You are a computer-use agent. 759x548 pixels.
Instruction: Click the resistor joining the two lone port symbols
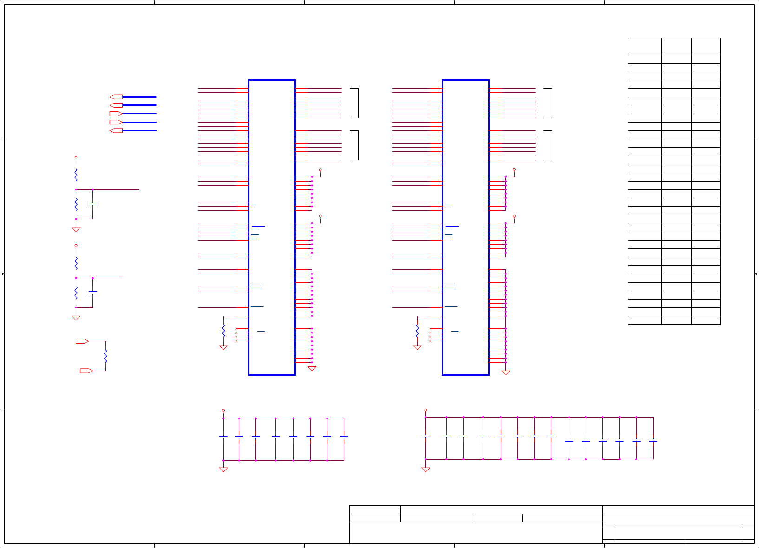(105, 356)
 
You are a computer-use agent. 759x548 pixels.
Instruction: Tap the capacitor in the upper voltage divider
(92, 204)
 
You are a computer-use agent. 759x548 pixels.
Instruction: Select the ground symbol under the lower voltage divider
(76, 318)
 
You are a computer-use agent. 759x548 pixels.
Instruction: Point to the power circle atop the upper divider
(76, 157)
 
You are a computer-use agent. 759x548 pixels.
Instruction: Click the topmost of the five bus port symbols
(116, 97)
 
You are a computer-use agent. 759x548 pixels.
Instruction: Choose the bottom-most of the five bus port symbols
(116, 130)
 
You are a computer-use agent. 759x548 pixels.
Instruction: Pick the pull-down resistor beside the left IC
(223, 331)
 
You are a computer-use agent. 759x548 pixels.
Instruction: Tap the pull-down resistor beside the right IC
(417, 331)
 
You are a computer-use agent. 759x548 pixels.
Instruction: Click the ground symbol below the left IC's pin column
(312, 369)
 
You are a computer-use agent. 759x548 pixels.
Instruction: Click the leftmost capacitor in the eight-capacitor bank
(223, 437)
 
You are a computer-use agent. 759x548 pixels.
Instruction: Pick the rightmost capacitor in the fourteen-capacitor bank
(653, 440)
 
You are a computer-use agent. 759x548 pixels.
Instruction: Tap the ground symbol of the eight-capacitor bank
(223, 470)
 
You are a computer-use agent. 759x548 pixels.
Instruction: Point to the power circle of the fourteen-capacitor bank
(425, 410)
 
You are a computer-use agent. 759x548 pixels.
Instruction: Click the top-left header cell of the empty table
(645, 46)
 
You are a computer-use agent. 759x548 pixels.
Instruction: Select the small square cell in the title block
(609, 533)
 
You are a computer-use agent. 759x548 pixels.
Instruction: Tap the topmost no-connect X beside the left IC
(236, 329)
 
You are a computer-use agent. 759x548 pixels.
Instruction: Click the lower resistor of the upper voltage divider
(76, 204)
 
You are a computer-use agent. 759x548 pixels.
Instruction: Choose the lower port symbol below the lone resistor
(86, 371)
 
